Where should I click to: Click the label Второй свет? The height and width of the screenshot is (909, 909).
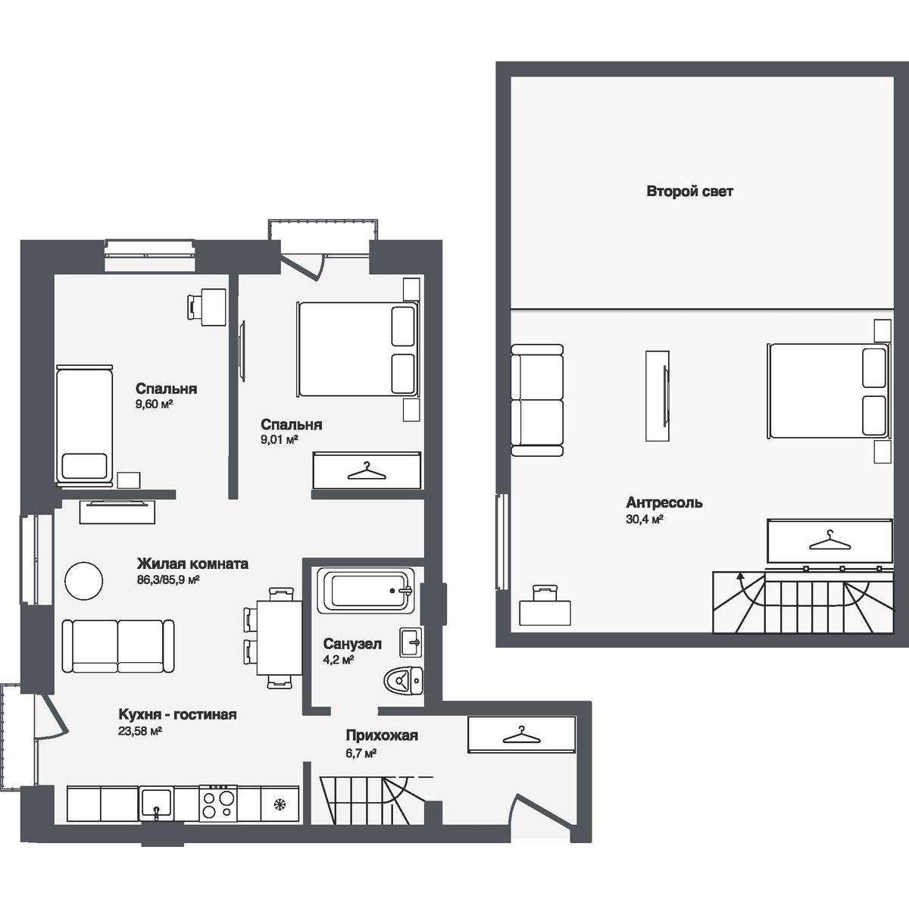tap(689, 192)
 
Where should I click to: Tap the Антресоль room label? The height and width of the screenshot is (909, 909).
tap(664, 502)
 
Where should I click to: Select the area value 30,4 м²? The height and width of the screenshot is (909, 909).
tap(645, 520)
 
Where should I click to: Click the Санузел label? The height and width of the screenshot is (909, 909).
tap(351, 644)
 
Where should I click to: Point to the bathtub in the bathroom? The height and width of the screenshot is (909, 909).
tap(364, 589)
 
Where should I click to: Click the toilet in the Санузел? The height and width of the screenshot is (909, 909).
tap(401, 681)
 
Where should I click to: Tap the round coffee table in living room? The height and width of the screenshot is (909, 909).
tap(83, 581)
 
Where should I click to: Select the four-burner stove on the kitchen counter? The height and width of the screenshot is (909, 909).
tap(218, 802)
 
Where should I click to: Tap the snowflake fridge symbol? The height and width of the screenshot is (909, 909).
tap(279, 803)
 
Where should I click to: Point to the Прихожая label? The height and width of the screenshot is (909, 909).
tap(382, 735)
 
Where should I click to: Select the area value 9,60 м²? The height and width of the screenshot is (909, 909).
tap(155, 405)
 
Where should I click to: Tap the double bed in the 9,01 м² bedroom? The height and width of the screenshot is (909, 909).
tap(357, 349)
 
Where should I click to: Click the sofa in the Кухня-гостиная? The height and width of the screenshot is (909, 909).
tap(117, 645)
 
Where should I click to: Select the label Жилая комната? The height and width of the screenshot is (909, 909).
tap(192, 564)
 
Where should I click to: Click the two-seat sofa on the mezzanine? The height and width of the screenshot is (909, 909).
tap(537, 400)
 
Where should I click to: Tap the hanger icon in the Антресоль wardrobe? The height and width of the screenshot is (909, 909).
tap(829, 541)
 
